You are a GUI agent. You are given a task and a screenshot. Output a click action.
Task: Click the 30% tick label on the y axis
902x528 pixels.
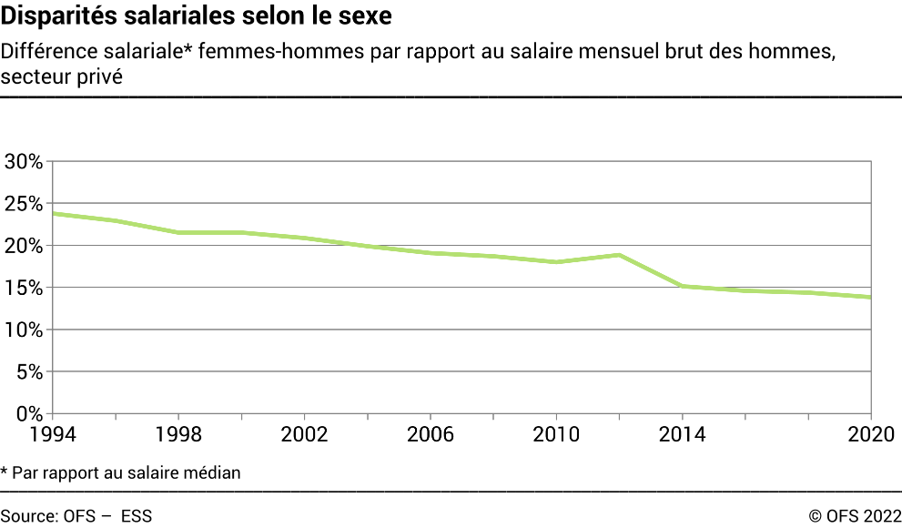click(x=24, y=162)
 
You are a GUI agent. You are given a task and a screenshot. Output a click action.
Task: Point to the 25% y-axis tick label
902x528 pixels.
click(x=24, y=204)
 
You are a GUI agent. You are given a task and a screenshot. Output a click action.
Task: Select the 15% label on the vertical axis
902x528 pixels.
click(x=24, y=288)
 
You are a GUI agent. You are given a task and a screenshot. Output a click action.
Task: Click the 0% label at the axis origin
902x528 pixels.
click(x=29, y=413)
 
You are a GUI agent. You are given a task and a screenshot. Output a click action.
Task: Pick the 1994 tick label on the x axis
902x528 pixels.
click(x=52, y=434)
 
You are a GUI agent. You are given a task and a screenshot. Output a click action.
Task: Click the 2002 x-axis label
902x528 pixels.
click(x=305, y=434)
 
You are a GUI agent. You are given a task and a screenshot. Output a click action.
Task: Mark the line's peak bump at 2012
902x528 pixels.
click(x=620, y=255)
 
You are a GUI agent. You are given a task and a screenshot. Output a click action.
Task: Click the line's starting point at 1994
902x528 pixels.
click(x=53, y=213)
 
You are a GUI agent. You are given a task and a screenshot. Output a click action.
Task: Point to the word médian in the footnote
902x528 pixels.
click(x=216, y=472)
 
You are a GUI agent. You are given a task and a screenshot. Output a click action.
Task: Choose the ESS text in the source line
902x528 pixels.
click(x=137, y=516)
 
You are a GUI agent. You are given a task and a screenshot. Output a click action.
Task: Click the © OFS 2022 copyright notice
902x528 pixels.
click(x=855, y=516)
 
